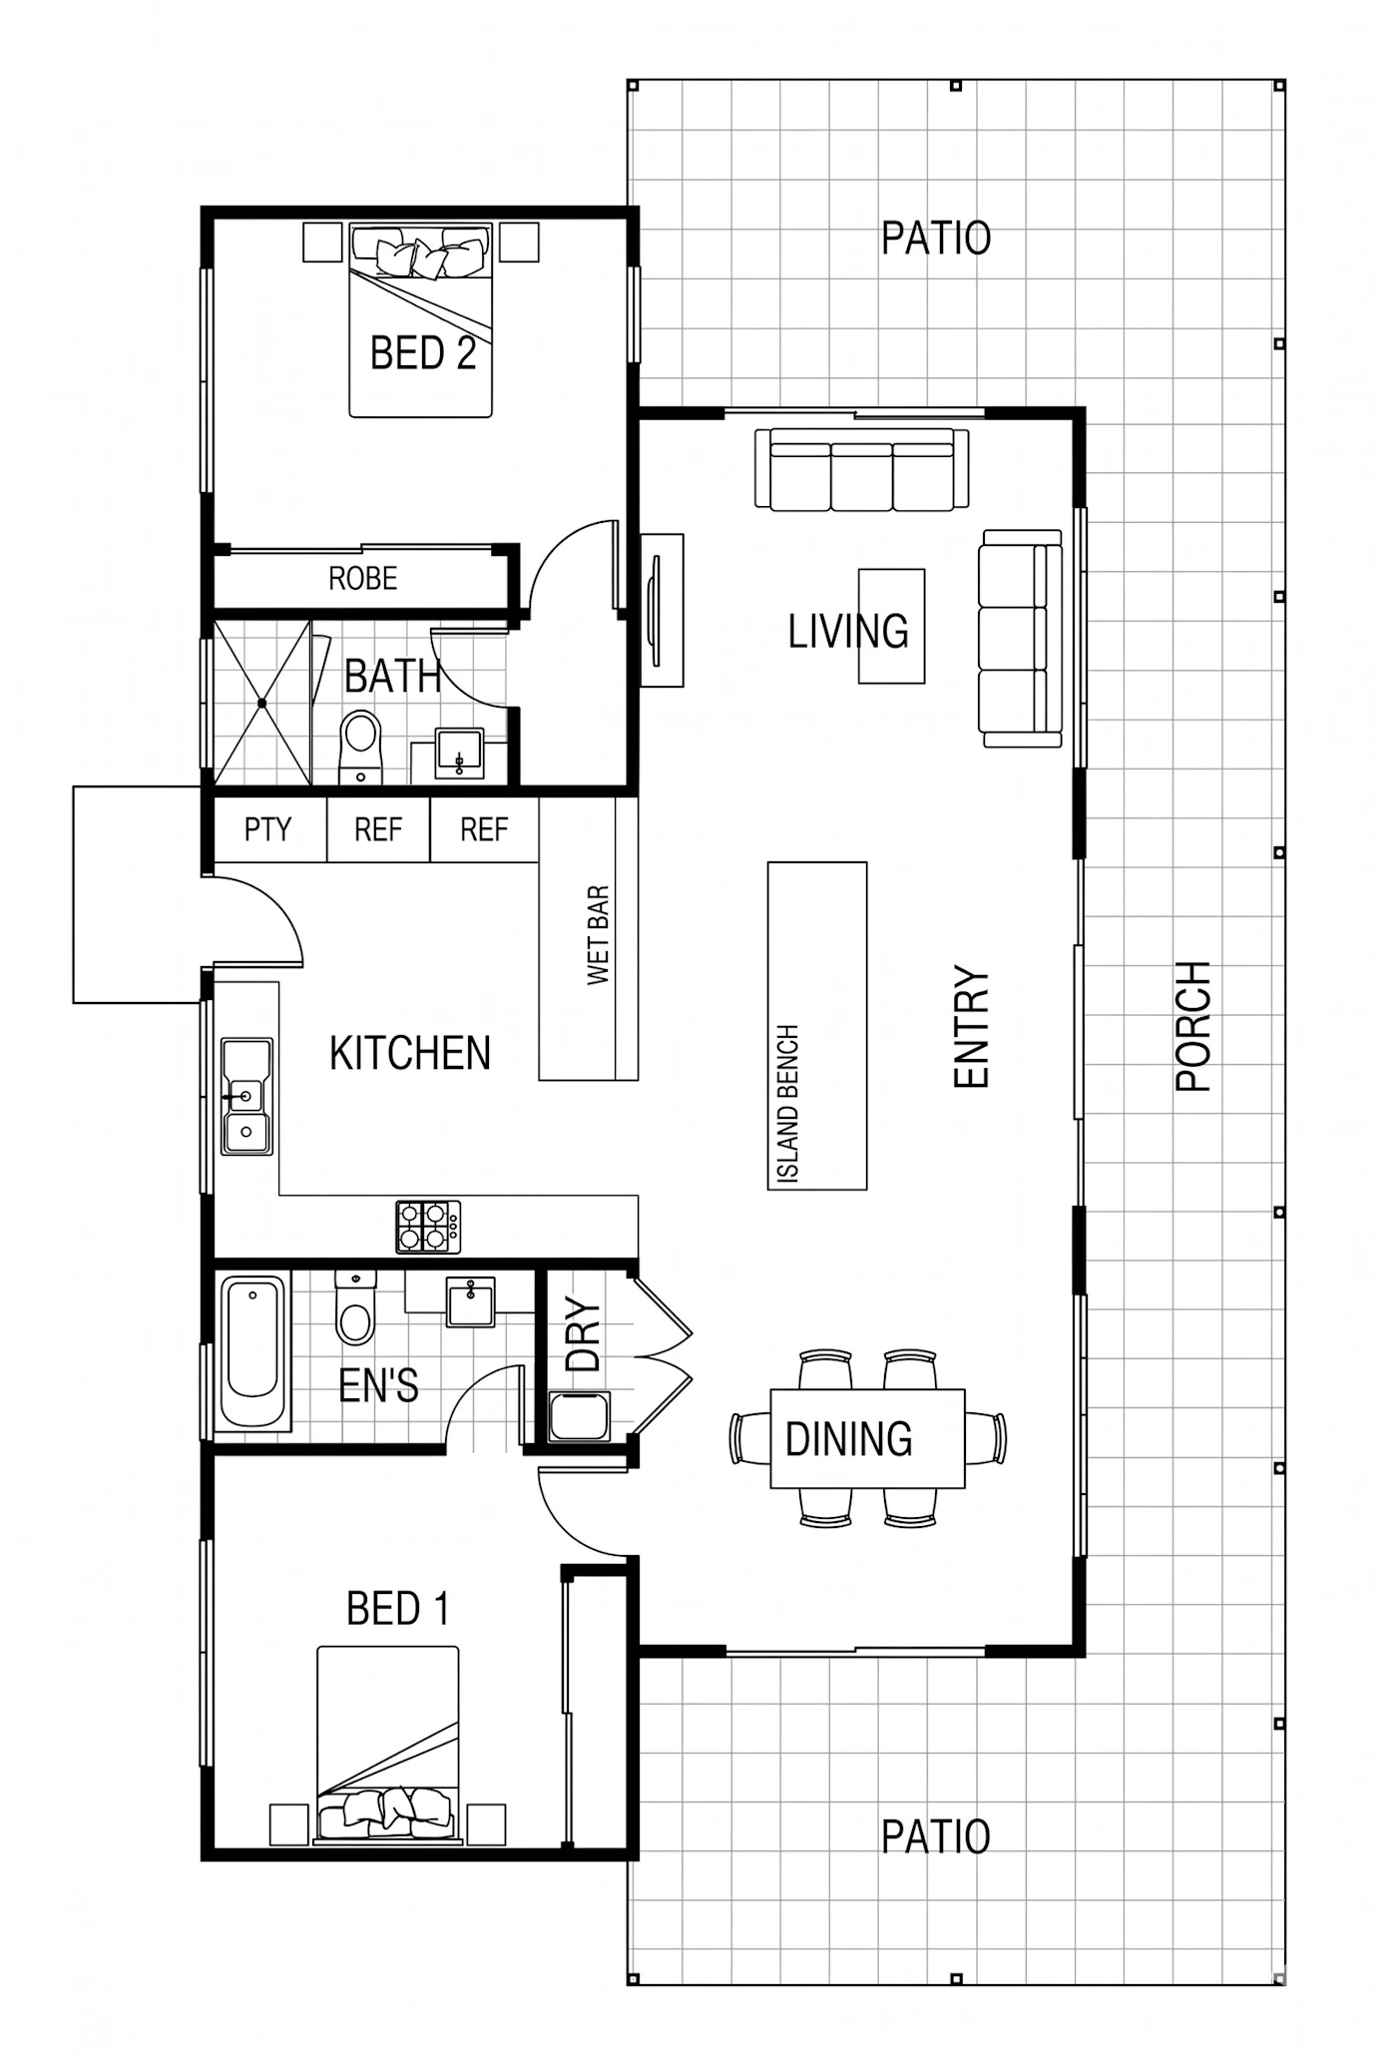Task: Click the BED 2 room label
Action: (x=423, y=353)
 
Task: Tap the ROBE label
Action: (x=363, y=579)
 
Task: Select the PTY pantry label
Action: (x=267, y=829)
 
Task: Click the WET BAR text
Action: (x=598, y=935)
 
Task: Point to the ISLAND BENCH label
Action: (x=787, y=1104)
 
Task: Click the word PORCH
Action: (x=1193, y=1026)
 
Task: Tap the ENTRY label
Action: (x=971, y=1026)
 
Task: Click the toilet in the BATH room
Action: (x=360, y=747)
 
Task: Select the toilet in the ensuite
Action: (x=355, y=1307)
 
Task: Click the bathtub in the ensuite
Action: (x=253, y=1353)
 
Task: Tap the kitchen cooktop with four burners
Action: (x=429, y=1227)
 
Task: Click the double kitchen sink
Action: (x=246, y=1096)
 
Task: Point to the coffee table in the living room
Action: (x=892, y=626)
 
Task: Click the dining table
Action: (x=867, y=1438)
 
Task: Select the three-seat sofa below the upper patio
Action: (x=862, y=469)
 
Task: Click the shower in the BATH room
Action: (x=262, y=703)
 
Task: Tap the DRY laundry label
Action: (x=584, y=1334)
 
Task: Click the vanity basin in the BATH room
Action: (x=460, y=754)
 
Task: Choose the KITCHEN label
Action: (x=410, y=1054)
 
